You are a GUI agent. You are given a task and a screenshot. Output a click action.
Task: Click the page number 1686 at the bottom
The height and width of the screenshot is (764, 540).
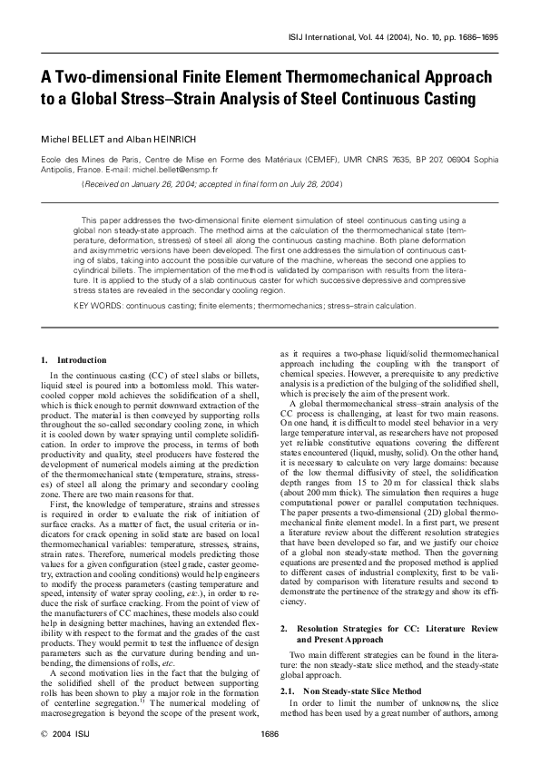[269, 731]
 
